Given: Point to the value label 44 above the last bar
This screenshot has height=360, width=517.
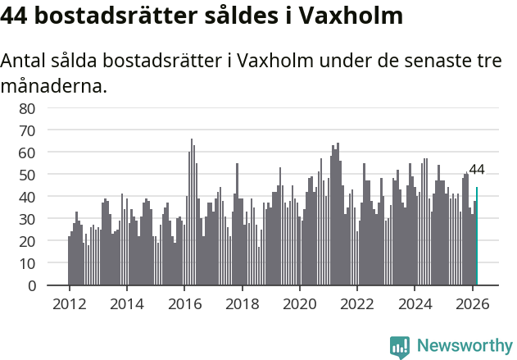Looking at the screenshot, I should coord(477,170).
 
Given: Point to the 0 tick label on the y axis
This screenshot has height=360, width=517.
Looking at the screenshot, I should coord(31,285).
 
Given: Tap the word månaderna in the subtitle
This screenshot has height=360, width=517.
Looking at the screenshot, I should coord(53,84).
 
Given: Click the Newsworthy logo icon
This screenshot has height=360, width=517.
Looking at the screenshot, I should coord(400,346).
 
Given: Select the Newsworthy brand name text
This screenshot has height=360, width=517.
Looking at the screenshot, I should coord(465,346).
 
